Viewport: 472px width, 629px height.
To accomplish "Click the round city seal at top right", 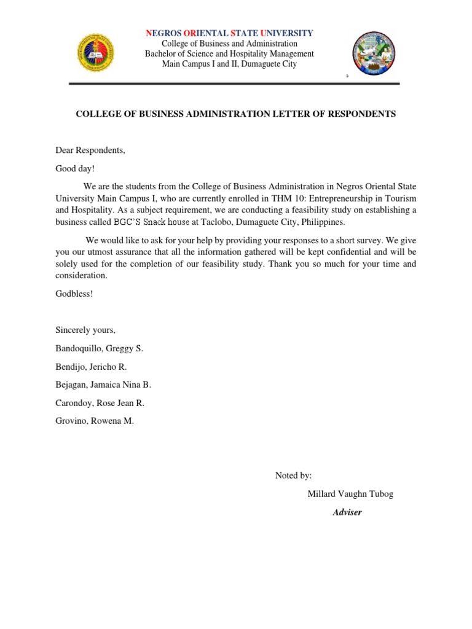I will point(373,53).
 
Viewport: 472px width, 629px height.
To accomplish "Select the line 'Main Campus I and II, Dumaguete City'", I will point(229,64).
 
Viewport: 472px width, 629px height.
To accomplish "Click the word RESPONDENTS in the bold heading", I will point(359,114).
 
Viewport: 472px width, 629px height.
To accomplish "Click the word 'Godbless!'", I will point(74,294).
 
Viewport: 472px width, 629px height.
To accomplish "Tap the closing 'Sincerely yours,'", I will point(85,330).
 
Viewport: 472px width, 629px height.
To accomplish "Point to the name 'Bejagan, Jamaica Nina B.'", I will point(103,385).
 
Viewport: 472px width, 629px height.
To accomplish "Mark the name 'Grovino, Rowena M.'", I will point(94,421).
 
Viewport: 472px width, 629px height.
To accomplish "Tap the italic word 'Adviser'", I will point(347,512).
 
